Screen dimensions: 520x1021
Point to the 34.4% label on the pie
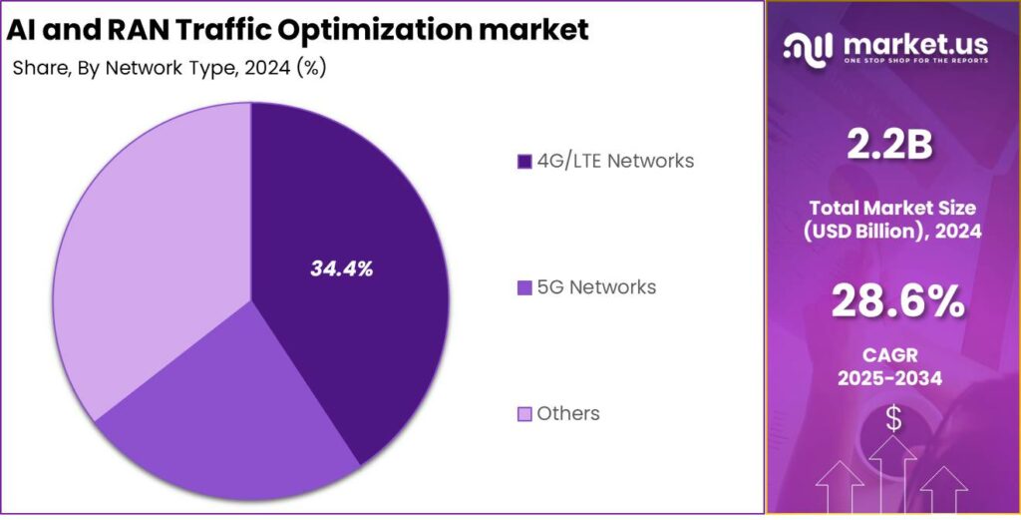[x=341, y=268]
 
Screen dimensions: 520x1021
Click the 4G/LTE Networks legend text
[x=615, y=160]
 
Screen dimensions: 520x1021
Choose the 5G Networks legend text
[x=596, y=287]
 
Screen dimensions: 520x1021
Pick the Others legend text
[x=568, y=413]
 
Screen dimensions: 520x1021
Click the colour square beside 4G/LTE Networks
[x=525, y=161]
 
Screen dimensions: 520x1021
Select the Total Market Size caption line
[x=892, y=208]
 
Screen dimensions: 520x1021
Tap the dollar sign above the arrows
[x=893, y=420]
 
